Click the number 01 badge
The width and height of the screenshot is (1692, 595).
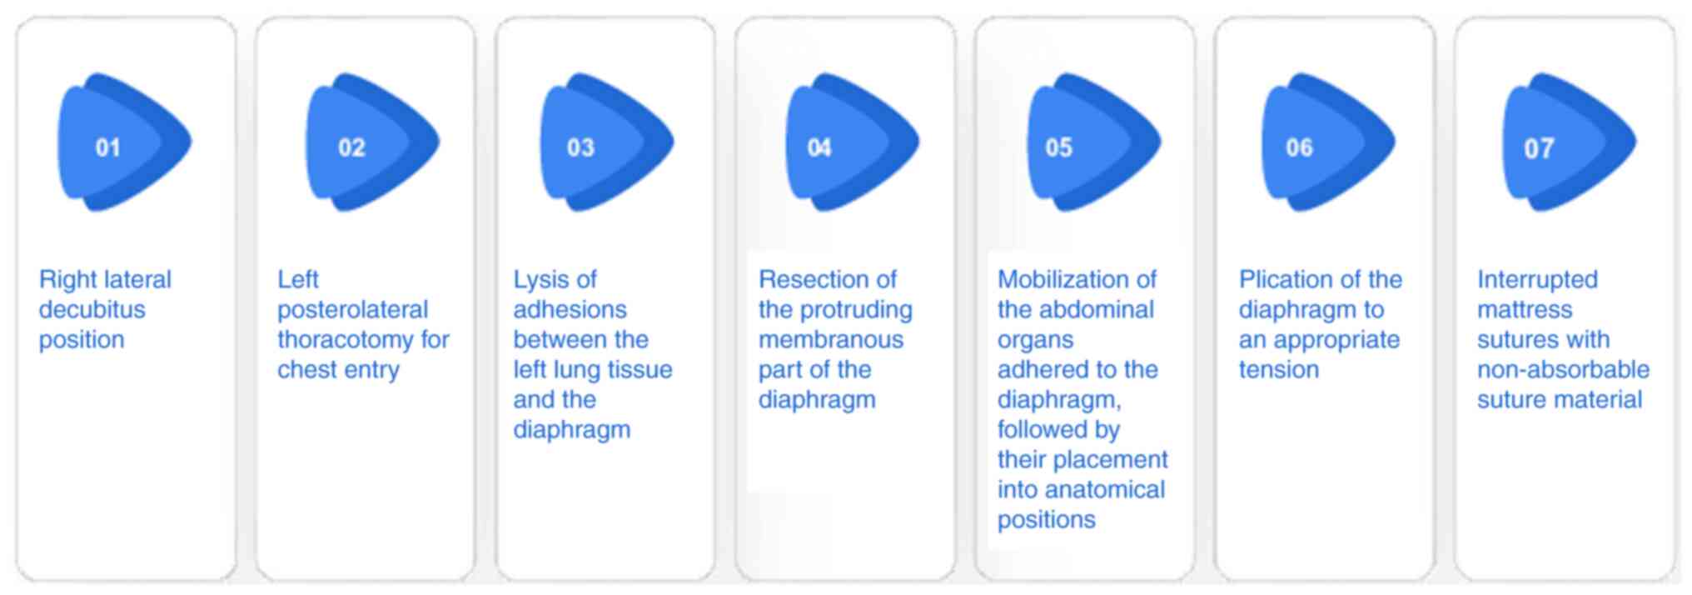pos(124,142)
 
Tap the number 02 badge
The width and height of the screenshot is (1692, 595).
pos(372,142)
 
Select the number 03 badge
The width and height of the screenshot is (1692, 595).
pos(606,142)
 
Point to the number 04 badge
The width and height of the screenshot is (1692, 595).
pos(852,142)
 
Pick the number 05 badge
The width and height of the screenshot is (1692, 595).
pos(1093,142)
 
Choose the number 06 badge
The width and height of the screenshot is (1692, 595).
pos(1328,142)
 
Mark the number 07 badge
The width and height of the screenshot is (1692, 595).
pos(1569,142)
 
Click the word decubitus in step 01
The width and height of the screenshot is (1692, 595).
pos(92,309)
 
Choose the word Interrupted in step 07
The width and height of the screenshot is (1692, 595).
pos(1537,280)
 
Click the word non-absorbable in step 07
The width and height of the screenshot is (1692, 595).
pos(1563,369)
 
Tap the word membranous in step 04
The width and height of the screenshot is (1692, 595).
pos(831,339)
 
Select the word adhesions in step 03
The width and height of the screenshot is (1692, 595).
pos(570,309)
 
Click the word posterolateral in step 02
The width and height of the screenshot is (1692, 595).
pos(352,310)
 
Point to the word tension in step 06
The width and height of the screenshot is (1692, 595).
pos(1279,369)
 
